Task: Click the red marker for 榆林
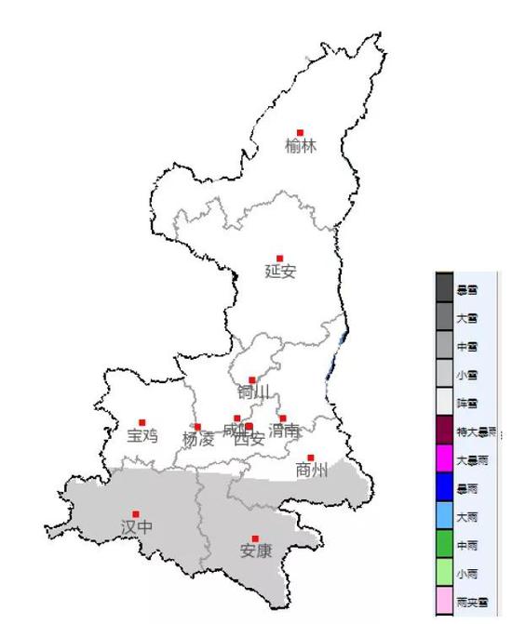pos(300,133)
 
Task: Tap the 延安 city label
pos(280,272)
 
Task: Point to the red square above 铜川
pos(251,379)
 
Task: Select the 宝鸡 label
pos(142,435)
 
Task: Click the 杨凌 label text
pos(198,439)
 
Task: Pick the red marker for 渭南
pos(283,418)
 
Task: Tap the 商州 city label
pos(312,471)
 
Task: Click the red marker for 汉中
pos(136,513)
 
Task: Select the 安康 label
pos(256,551)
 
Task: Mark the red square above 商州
pos(311,458)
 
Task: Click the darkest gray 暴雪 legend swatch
pos(444,288)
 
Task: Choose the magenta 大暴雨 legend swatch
pos(444,459)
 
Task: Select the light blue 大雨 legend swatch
pos(444,516)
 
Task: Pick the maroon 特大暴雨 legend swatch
pos(444,431)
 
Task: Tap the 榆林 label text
pos(302,146)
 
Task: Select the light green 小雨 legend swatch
pos(444,573)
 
